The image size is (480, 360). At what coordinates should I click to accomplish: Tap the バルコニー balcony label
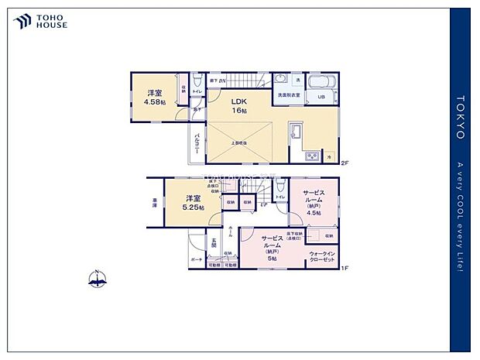(198, 145)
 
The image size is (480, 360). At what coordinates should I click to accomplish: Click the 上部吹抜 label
(239, 143)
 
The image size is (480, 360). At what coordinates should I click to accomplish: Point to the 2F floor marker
(345, 163)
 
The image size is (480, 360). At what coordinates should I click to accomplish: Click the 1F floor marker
(345, 268)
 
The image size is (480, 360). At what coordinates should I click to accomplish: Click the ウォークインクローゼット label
(322, 256)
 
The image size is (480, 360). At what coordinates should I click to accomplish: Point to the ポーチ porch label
(197, 260)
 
